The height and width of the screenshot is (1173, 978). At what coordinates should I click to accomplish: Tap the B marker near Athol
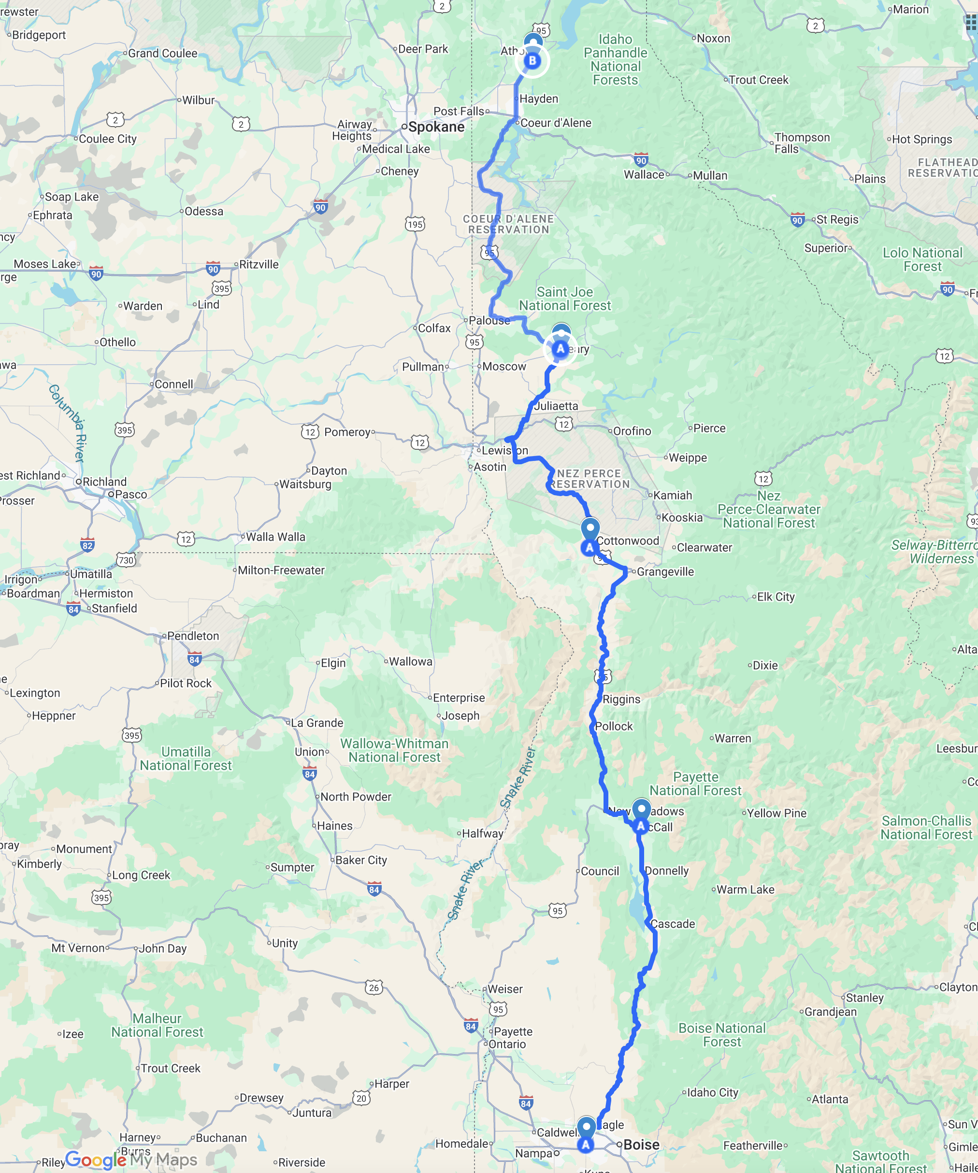532,60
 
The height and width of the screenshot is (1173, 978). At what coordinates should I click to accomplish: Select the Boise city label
641,1144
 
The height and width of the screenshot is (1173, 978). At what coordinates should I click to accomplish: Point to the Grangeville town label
665,572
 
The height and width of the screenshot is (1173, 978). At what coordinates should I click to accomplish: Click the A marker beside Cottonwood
589,547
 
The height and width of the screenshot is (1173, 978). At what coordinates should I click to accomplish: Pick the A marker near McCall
641,826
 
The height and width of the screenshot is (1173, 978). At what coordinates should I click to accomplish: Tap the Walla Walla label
275,537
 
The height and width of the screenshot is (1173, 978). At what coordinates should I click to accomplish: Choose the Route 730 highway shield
126,560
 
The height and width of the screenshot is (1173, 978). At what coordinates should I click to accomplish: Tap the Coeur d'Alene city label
555,123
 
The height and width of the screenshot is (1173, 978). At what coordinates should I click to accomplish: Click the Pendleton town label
193,636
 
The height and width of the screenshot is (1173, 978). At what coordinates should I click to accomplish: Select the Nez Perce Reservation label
589,479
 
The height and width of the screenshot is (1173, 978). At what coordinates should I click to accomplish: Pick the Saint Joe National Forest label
565,299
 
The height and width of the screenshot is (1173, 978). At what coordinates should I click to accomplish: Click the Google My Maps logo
131,1159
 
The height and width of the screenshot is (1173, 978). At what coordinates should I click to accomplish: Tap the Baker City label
361,860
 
